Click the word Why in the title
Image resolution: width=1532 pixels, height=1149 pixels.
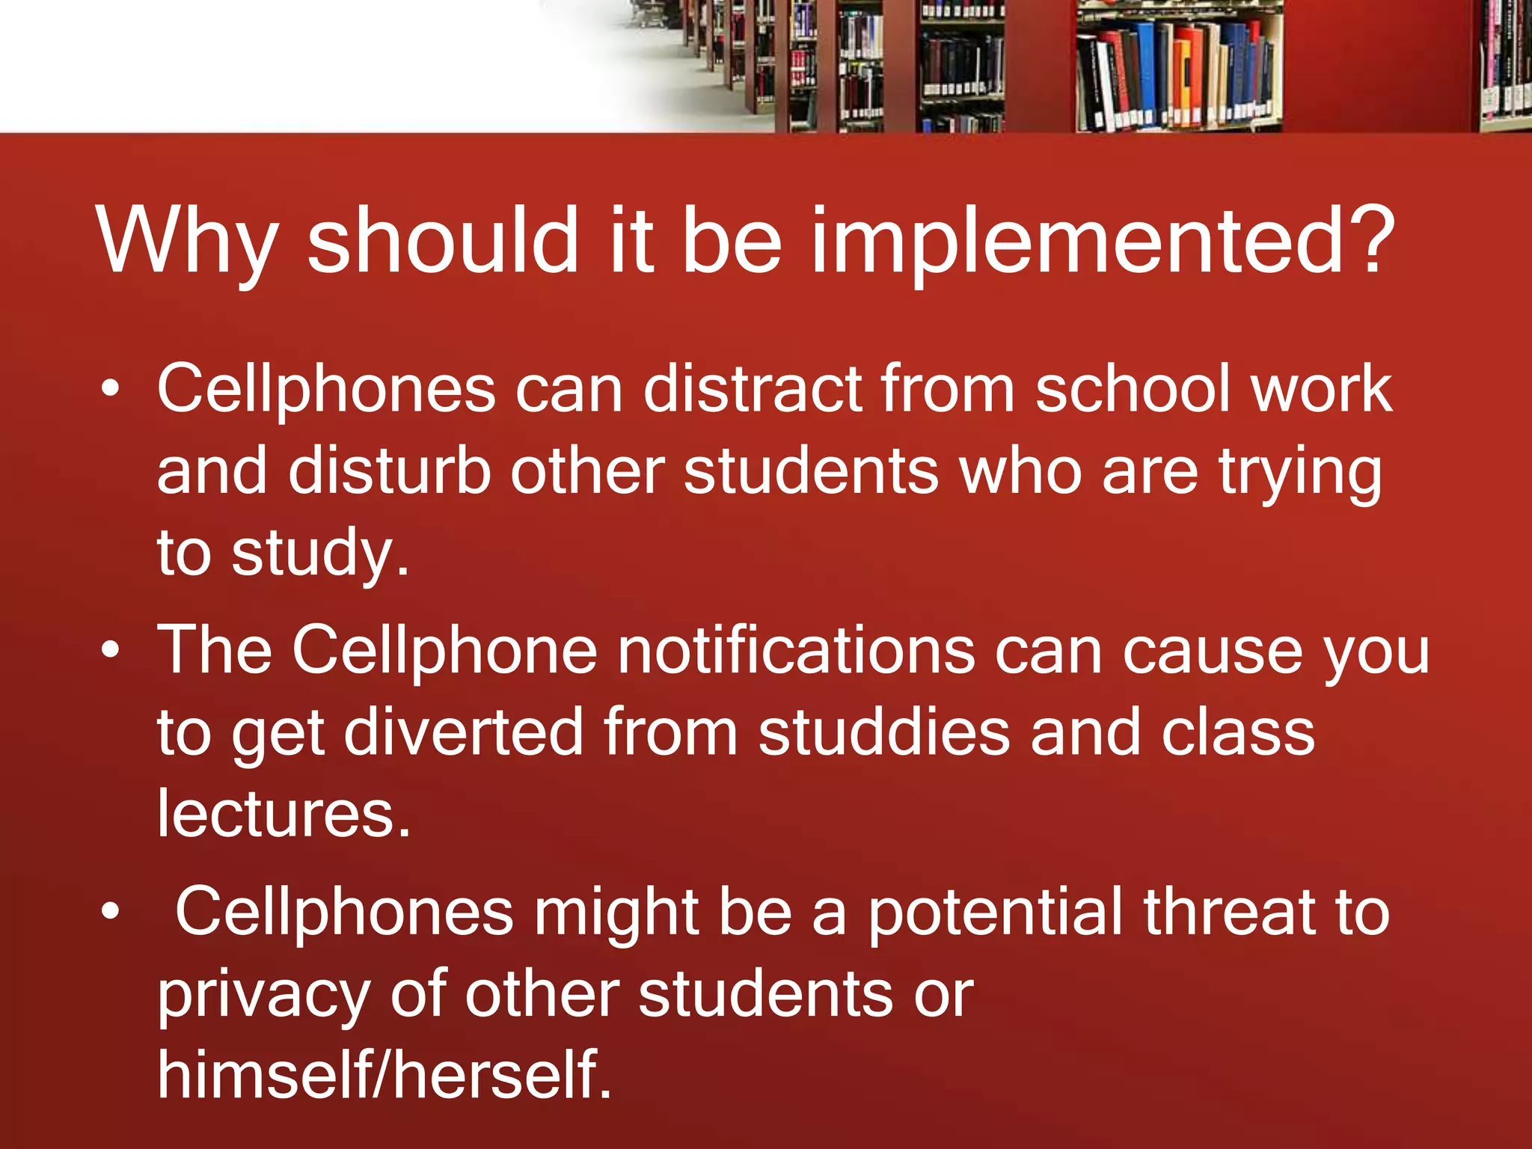pos(186,243)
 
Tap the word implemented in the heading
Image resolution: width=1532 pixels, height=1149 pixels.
pos(1077,243)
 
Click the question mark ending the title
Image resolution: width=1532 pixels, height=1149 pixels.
pos(1368,239)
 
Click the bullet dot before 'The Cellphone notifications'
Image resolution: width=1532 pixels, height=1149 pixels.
pos(111,650)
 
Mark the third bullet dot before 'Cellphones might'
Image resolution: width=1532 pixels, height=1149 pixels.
pos(111,911)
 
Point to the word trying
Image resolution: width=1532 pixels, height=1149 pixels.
pos(1300,475)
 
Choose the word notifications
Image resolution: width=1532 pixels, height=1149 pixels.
pos(796,650)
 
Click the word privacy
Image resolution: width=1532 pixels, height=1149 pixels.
pos(263,996)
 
